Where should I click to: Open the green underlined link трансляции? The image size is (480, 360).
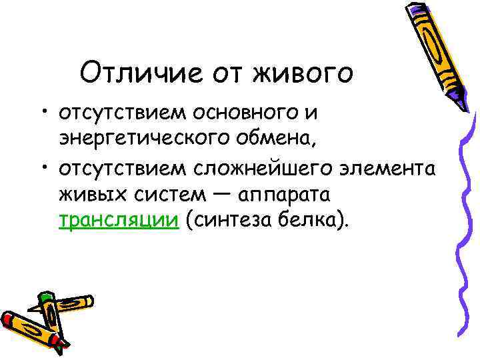[x=119, y=221]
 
